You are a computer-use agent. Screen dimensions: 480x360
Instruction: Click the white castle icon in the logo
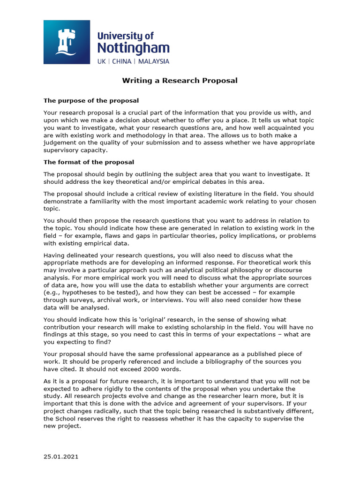pos(66,42)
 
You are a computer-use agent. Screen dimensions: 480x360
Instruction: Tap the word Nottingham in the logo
pos(133,48)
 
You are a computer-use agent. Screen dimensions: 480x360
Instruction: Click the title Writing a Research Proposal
pos(180,81)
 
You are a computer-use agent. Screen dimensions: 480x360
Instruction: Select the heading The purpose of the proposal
pos(91,100)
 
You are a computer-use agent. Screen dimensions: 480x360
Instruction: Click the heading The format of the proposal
pos(89,162)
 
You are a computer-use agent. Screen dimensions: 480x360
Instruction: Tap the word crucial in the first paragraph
pos(143,112)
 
